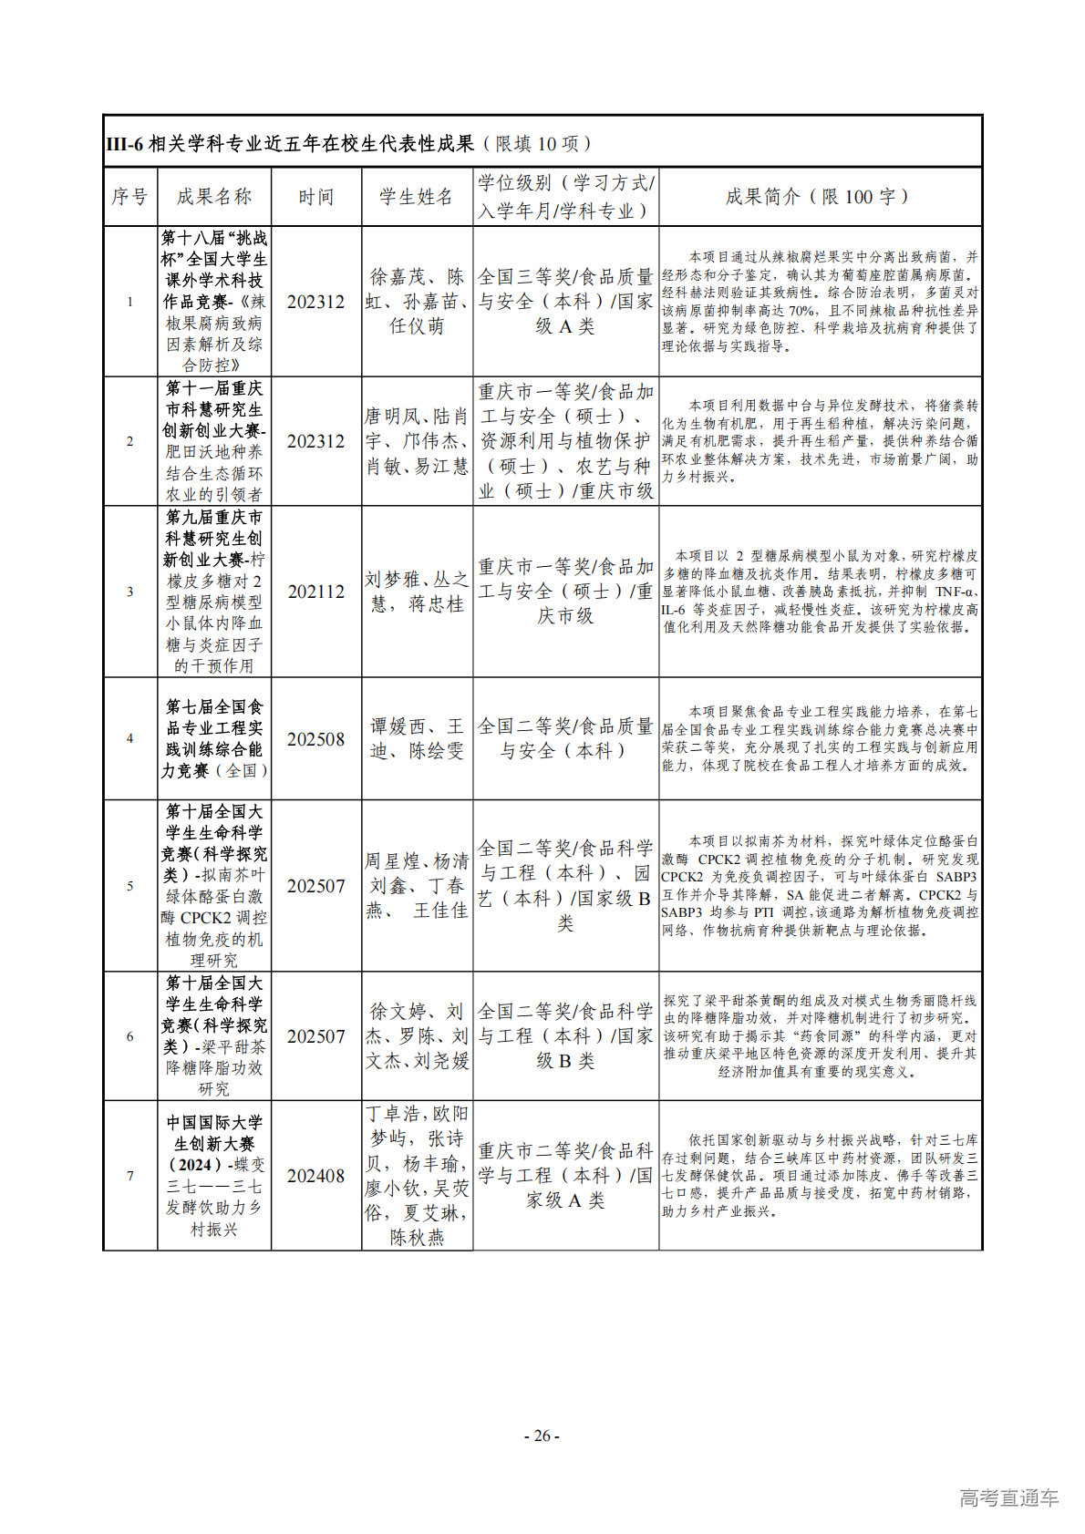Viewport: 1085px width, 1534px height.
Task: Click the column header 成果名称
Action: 213,197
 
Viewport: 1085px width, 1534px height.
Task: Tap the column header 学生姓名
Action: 417,197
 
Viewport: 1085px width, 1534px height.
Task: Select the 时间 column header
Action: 315,197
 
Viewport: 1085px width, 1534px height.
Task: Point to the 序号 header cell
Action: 129,197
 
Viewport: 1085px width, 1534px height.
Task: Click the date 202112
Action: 315,592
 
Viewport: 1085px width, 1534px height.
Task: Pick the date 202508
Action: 315,739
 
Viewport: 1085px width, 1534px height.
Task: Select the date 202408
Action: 315,1176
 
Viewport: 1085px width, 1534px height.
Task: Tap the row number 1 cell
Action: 129,302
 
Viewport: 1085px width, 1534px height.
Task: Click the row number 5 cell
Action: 129,886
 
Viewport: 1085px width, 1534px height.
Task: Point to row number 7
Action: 129,1176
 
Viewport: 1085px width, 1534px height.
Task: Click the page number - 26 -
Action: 542,1436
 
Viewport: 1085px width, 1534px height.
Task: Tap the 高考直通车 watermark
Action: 1008,1498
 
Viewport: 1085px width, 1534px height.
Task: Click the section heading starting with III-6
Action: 350,143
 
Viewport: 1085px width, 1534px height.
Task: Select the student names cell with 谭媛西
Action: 417,739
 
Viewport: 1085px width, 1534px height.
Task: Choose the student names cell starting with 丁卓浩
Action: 417,1176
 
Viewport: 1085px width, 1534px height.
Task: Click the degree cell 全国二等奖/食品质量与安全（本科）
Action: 565,739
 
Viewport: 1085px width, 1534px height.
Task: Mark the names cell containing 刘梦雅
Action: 417,592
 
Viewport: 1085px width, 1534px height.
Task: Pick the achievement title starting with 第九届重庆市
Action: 213,592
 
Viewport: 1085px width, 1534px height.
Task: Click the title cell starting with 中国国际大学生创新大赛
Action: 213,1176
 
